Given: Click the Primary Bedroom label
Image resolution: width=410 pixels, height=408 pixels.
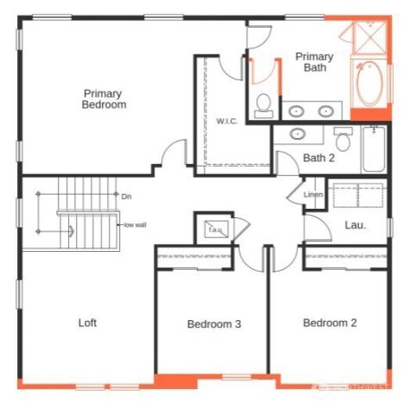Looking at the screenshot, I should pos(104,98).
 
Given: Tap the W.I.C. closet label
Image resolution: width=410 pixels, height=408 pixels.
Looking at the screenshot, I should pos(227,121).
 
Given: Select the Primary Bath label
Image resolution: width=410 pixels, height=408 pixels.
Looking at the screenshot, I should pos(314,62).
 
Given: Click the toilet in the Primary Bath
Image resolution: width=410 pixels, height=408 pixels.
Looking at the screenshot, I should pos(264,105).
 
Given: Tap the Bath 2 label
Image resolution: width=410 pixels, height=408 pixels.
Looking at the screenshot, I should pos(319,158).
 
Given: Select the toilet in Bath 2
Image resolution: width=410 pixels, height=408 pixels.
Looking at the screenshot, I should pos(343,139).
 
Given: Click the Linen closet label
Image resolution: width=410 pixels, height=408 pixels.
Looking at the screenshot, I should pos(312,195).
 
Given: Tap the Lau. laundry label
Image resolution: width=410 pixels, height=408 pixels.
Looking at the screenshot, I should pos(355,225).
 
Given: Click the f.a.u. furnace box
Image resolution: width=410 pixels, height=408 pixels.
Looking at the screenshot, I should pos(214,229).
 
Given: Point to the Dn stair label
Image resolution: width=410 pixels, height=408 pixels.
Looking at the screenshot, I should pos(126,197).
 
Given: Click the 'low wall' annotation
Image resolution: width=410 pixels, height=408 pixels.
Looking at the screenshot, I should pos(135,225).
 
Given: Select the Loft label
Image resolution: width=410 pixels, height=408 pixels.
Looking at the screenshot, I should pos(87,323).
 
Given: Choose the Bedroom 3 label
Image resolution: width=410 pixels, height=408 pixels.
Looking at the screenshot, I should pos(213,324).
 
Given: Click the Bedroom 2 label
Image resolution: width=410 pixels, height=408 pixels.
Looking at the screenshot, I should pos(330,323).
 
